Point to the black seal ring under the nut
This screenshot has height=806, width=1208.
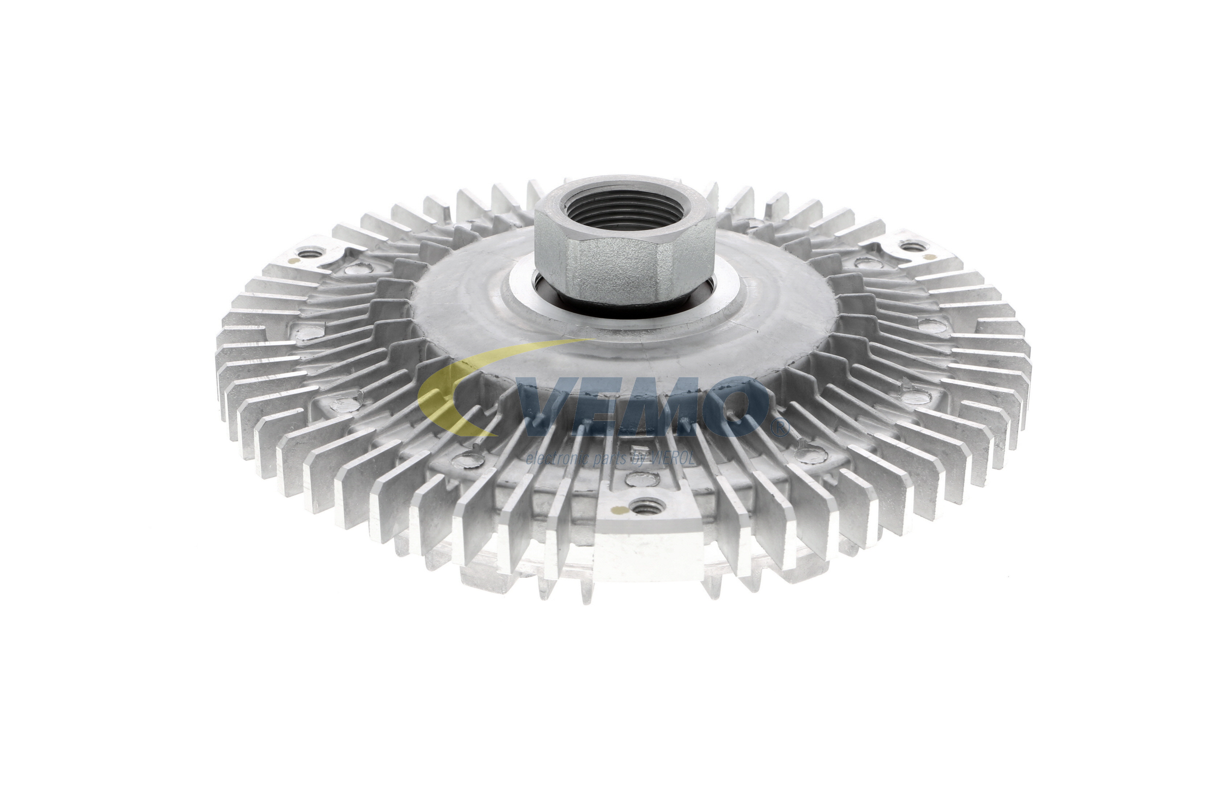click(x=624, y=303)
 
